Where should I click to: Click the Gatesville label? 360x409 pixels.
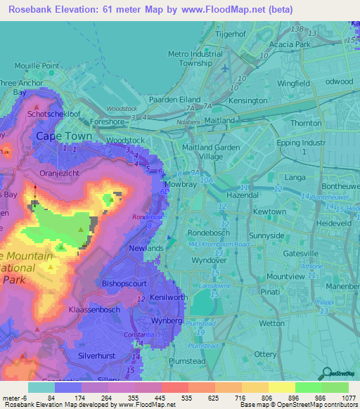coord(300,252)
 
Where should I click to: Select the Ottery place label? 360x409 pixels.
coord(265,353)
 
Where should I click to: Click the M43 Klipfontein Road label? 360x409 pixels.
coord(219,244)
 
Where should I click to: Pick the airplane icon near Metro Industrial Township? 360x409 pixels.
coord(224,70)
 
